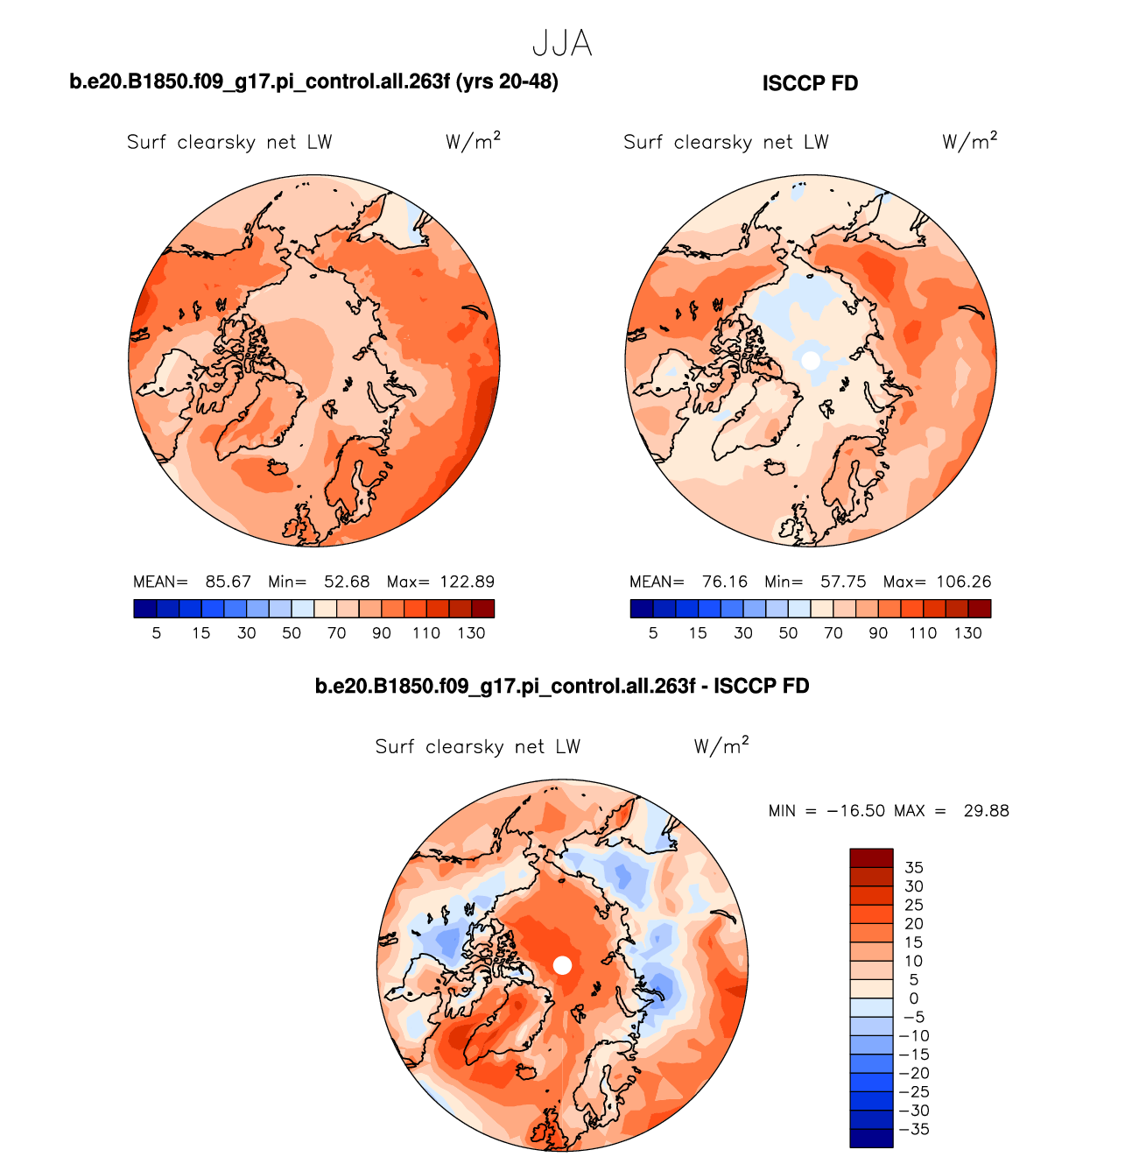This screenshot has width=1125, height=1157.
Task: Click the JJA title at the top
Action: pyautogui.click(x=562, y=44)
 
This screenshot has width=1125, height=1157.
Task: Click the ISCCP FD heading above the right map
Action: pyautogui.click(x=810, y=84)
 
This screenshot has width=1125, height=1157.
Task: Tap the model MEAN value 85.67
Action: pyautogui.click(x=228, y=582)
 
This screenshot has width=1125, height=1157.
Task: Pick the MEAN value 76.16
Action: pyautogui.click(x=724, y=582)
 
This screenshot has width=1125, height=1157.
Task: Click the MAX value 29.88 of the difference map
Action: pyautogui.click(x=986, y=811)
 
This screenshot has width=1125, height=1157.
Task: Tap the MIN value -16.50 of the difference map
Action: pyautogui.click(x=856, y=811)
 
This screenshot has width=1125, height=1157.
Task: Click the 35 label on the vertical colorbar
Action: pyautogui.click(x=914, y=868)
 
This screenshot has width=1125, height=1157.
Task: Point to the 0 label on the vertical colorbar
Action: pyautogui.click(x=914, y=998)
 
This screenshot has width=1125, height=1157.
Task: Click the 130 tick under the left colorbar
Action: pyautogui.click(x=471, y=633)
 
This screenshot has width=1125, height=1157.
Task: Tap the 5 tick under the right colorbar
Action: pyautogui.click(x=653, y=633)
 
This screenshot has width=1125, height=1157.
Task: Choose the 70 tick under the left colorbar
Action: pyautogui.click(x=336, y=633)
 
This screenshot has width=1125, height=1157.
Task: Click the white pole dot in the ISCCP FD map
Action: pyautogui.click(x=811, y=360)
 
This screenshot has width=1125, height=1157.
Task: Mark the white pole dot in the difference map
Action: pyautogui.click(x=563, y=965)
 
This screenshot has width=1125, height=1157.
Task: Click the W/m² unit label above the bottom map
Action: pyautogui.click(x=721, y=746)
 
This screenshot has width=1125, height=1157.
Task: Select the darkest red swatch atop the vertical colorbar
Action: pyautogui.click(x=871, y=857)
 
